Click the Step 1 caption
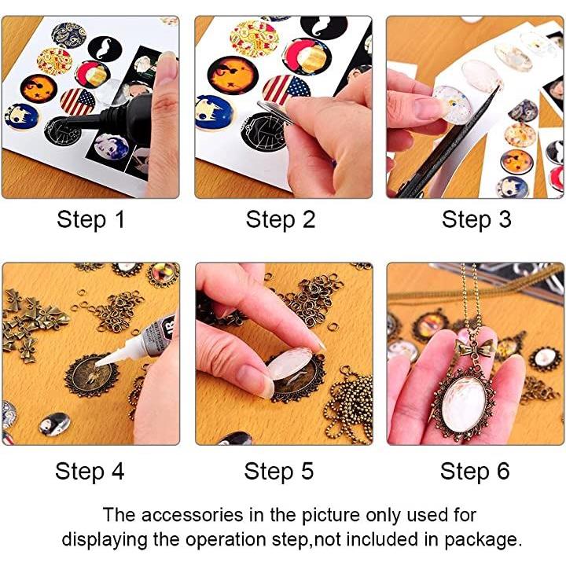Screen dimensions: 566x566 point(90,220)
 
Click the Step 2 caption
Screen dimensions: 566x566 point(281,220)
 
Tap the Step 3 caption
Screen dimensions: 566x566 point(476,220)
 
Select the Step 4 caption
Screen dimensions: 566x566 point(90,472)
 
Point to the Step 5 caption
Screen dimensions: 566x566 point(278,472)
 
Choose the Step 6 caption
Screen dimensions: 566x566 point(475,472)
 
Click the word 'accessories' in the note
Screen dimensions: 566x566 point(192,515)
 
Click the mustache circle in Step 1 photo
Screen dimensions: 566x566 point(105,49)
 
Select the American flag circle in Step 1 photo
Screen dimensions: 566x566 point(78,101)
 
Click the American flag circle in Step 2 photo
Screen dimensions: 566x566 point(286,90)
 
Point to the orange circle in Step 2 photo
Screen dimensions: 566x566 point(233,75)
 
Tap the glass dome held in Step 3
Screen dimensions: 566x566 point(453,104)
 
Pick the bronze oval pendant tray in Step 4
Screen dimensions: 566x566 point(91,376)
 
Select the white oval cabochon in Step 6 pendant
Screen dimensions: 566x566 point(464,404)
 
